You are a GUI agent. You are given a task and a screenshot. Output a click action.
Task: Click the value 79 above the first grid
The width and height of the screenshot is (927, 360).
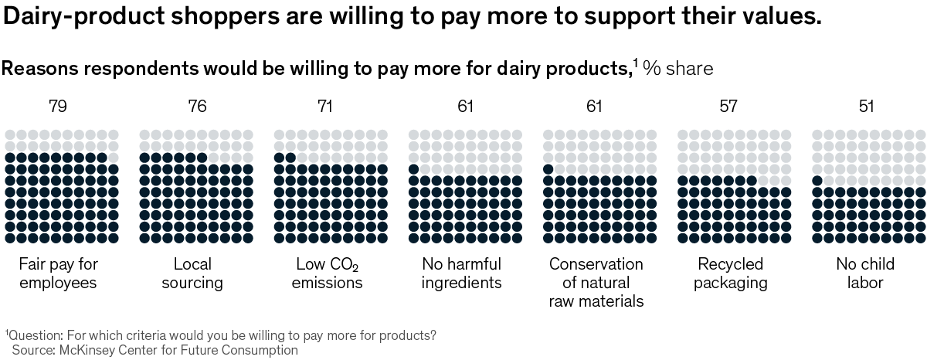(x=58, y=107)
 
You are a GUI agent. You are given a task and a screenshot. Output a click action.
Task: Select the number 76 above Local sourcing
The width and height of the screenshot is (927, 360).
(x=197, y=107)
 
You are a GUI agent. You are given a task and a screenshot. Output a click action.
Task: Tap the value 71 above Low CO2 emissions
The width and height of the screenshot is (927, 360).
(x=325, y=107)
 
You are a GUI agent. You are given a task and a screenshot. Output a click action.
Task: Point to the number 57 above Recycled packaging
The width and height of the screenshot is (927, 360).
(x=728, y=107)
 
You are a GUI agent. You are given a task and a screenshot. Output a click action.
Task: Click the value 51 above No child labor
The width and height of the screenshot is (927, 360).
(x=866, y=107)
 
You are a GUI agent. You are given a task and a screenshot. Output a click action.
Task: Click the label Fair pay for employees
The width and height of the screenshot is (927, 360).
(x=58, y=273)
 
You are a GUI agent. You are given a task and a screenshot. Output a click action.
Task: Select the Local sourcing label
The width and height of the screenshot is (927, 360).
(x=192, y=273)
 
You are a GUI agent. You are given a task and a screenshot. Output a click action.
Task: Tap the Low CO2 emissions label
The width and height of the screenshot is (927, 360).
(x=328, y=273)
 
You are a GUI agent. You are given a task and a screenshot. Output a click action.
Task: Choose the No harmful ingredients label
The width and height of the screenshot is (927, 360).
(x=461, y=273)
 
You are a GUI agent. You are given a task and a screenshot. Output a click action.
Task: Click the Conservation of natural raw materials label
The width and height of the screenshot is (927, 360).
(x=596, y=282)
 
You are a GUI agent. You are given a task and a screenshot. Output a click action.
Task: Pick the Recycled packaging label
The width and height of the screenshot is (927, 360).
(x=730, y=273)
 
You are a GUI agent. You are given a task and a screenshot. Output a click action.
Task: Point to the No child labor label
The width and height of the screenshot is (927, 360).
(x=865, y=273)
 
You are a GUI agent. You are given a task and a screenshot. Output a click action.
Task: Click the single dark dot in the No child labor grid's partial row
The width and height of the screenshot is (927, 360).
(x=817, y=181)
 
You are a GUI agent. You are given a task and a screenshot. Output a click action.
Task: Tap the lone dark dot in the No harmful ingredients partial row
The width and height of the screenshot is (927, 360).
(x=413, y=169)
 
